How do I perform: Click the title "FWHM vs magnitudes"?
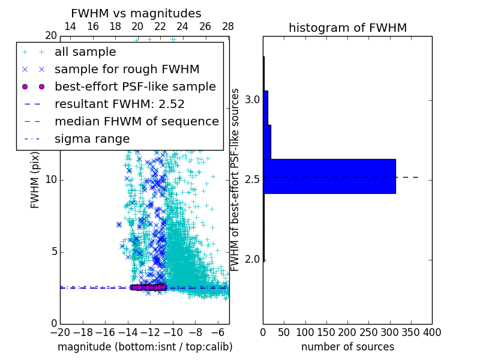(x=136, y=13)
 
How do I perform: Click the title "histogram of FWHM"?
(x=347, y=28)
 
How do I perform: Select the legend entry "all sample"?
(x=85, y=52)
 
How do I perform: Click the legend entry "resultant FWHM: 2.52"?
(x=119, y=104)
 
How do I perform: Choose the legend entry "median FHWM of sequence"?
(x=137, y=121)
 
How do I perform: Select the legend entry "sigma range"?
(x=92, y=139)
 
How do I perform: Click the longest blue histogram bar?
(x=329, y=176)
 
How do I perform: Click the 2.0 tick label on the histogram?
(x=253, y=260)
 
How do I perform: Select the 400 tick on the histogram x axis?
(x=432, y=332)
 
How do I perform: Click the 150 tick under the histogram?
(x=326, y=332)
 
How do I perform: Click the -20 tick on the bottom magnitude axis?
(x=60, y=332)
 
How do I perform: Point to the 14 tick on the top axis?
(x=70, y=26)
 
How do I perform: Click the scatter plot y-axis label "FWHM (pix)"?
(x=35, y=179)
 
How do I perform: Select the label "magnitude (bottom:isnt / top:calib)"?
(x=145, y=347)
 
